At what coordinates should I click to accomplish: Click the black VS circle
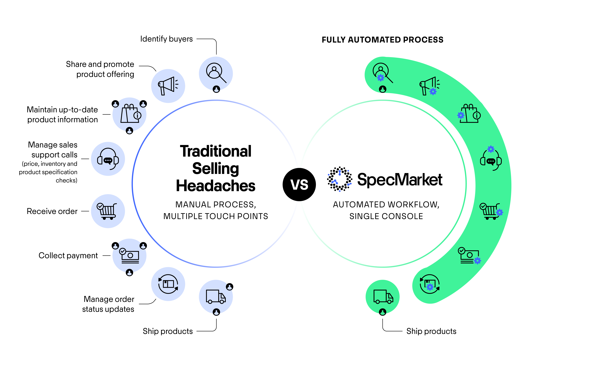(299, 184)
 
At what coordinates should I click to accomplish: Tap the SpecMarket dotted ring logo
(339, 179)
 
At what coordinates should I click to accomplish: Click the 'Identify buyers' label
(166, 39)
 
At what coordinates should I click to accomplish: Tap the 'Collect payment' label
(68, 255)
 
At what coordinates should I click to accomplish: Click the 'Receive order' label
(52, 211)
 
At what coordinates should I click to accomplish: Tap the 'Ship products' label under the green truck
(431, 331)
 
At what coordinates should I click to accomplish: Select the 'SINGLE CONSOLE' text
(386, 216)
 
